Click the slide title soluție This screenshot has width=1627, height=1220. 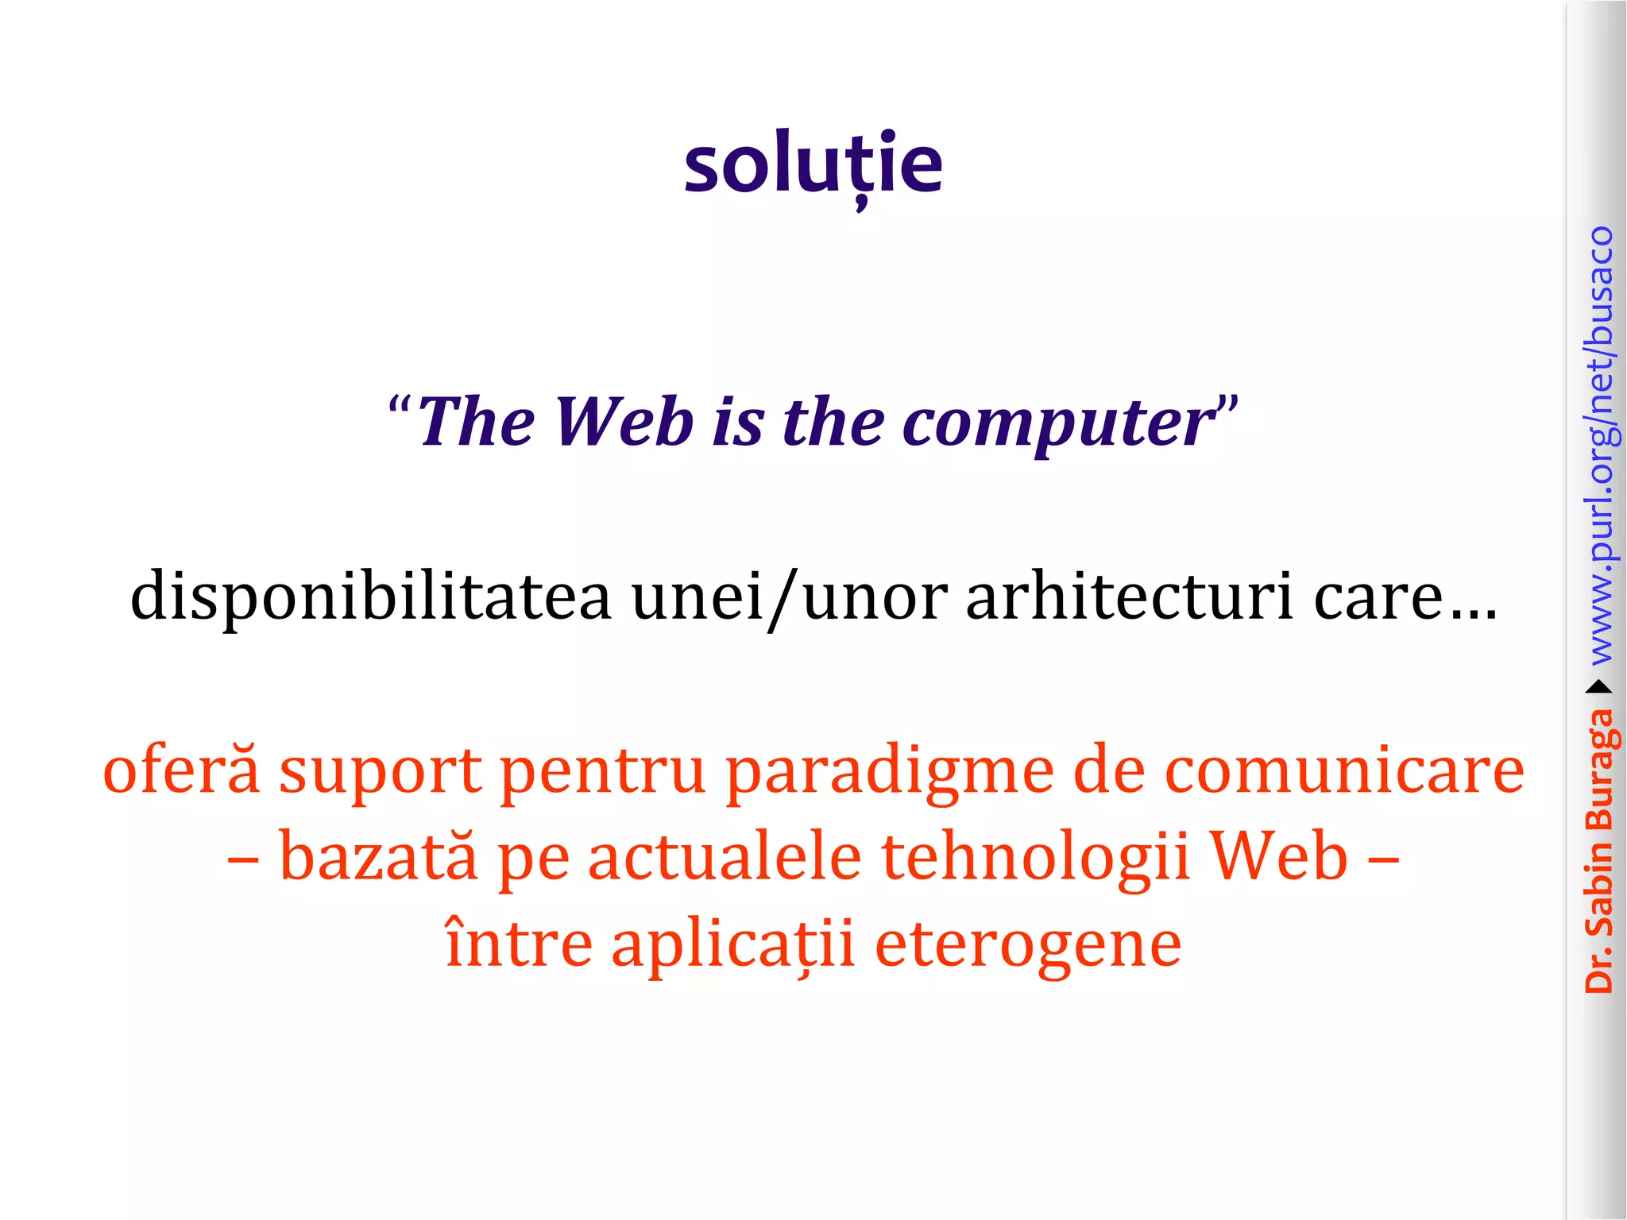[x=813, y=164]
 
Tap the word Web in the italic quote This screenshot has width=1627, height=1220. [x=624, y=422]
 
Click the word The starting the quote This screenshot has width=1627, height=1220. [x=476, y=422]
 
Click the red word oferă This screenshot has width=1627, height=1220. [x=181, y=770]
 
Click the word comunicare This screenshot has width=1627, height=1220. [x=1344, y=770]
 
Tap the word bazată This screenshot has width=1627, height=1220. [x=379, y=857]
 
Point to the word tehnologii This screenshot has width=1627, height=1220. [x=1035, y=859]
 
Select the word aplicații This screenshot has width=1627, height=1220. [x=732, y=945]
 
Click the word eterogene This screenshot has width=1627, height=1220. [x=1028, y=945]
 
